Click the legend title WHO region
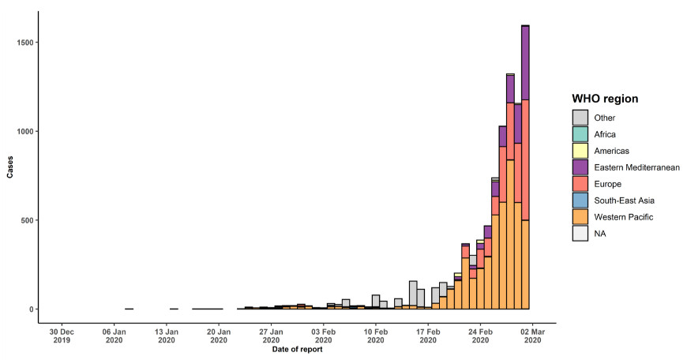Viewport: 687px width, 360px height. point(605,99)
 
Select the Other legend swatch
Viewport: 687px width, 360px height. point(580,118)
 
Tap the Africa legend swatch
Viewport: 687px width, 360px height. point(580,134)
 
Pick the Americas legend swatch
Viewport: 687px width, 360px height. point(580,151)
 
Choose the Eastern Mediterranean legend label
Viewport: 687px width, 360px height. point(637,167)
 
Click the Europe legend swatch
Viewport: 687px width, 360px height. point(580,184)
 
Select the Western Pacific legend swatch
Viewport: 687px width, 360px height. point(580,217)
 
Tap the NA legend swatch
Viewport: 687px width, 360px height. point(580,234)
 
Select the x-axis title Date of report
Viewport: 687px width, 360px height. point(297,350)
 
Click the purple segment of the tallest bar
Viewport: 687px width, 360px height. point(525,62)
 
